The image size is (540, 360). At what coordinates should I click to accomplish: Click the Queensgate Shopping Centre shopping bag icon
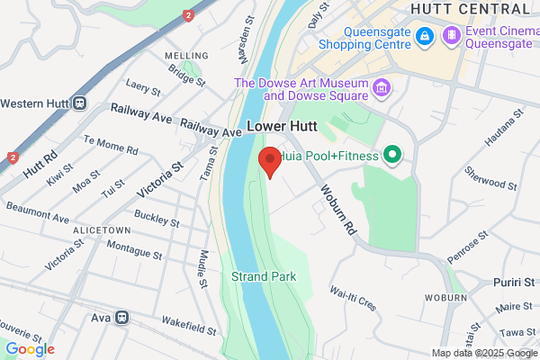[426, 37]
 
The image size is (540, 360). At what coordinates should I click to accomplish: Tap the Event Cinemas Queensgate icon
[452, 37]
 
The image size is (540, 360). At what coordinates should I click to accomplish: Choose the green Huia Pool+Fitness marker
[391, 155]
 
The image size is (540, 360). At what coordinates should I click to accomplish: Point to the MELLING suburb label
[186, 56]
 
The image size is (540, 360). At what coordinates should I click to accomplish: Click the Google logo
[30, 349]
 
